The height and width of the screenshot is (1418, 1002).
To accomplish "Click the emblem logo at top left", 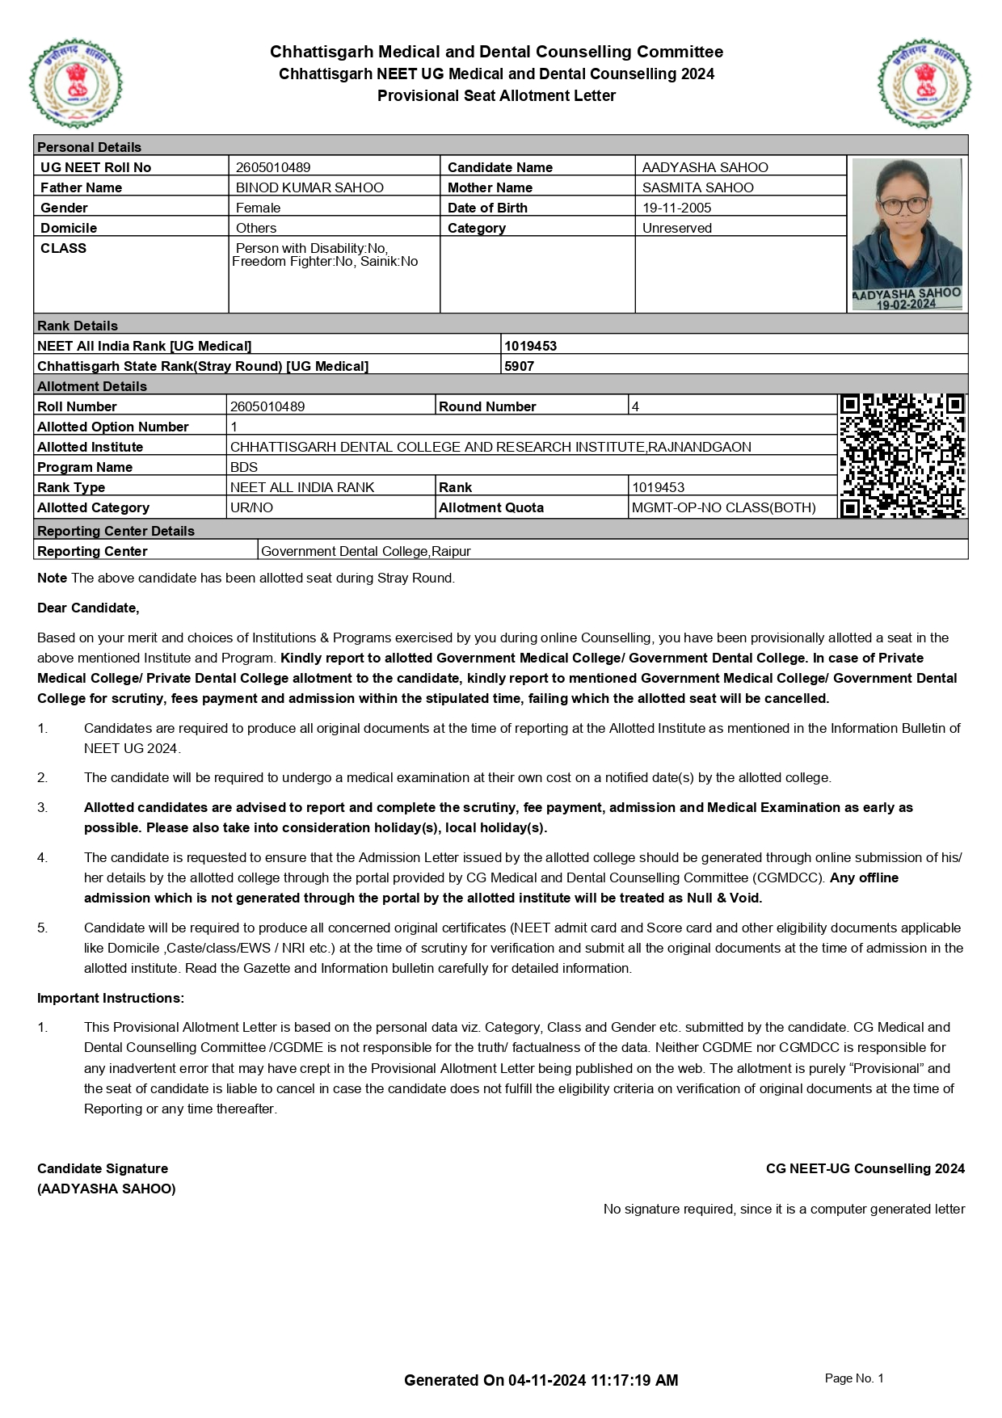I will click(x=76, y=83).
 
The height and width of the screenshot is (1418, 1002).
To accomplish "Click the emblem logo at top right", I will click(x=924, y=83).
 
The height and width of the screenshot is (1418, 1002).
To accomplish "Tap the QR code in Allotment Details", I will click(x=903, y=456).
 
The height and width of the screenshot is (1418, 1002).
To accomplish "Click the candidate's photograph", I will click(x=907, y=234).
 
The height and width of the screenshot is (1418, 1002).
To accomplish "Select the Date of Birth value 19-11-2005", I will click(x=676, y=208).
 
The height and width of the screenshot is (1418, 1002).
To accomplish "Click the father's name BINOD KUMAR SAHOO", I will click(x=309, y=187).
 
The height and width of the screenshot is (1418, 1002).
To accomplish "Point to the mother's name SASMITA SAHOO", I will click(x=697, y=187).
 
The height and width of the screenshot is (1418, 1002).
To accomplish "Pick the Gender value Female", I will click(x=258, y=208).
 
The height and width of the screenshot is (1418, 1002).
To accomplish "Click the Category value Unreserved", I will click(x=676, y=228).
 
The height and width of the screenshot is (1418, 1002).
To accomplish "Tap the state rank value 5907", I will click(x=519, y=366).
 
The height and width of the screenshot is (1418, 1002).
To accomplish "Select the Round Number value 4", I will click(x=635, y=406).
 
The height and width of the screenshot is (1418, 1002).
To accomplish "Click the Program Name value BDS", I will click(x=244, y=467).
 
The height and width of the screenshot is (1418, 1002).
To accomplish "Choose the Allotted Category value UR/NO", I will click(x=251, y=507).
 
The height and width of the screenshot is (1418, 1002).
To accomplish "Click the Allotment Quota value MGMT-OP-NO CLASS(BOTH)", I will click(x=723, y=507).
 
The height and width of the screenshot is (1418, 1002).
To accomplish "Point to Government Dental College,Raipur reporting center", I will click(x=365, y=551).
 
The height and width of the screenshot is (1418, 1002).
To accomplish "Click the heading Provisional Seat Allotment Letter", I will click(x=496, y=95).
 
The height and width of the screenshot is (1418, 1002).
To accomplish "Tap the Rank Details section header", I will click(x=78, y=326).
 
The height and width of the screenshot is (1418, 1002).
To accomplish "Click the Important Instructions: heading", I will click(x=111, y=998).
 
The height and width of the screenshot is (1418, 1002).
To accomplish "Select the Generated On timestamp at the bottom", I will click(x=541, y=1380).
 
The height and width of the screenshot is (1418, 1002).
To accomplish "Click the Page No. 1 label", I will click(x=853, y=1378).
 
